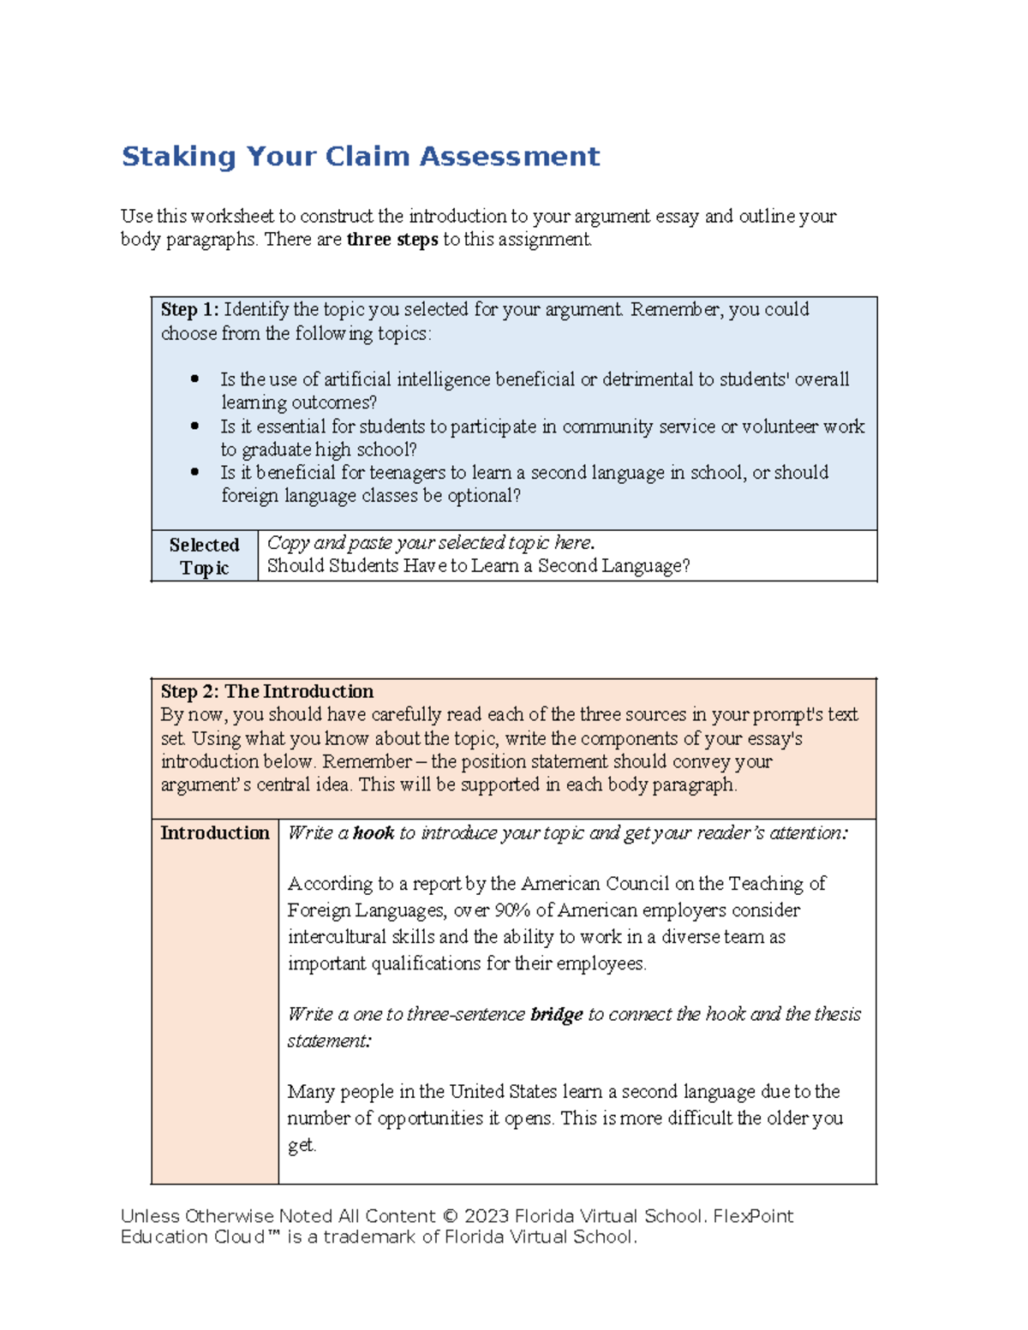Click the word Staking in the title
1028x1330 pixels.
pyautogui.click(x=178, y=157)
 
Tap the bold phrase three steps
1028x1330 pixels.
pyautogui.click(x=392, y=240)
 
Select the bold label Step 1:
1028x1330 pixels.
pyautogui.click(x=189, y=310)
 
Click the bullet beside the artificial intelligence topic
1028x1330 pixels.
pyautogui.click(x=195, y=379)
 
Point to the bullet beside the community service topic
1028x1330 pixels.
pyautogui.click(x=195, y=426)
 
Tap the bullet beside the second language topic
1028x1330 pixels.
pyautogui.click(x=195, y=472)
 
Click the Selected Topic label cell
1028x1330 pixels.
pyautogui.click(x=204, y=557)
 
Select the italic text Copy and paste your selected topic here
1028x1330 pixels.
pyautogui.click(x=431, y=543)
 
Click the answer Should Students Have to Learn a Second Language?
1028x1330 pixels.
pyautogui.click(x=478, y=566)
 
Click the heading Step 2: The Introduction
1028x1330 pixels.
pyautogui.click(x=266, y=692)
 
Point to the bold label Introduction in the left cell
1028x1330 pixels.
pyautogui.click(x=214, y=833)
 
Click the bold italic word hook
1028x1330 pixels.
pyautogui.click(x=374, y=833)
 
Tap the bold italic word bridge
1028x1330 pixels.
pyautogui.click(x=557, y=1015)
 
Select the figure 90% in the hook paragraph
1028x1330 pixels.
pyautogui.click(x=511, y=910)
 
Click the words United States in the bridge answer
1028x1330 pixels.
pyautogui.click(x=503, y=1092)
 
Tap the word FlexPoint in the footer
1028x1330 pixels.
pyautogui.click(x=753, y=1217)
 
